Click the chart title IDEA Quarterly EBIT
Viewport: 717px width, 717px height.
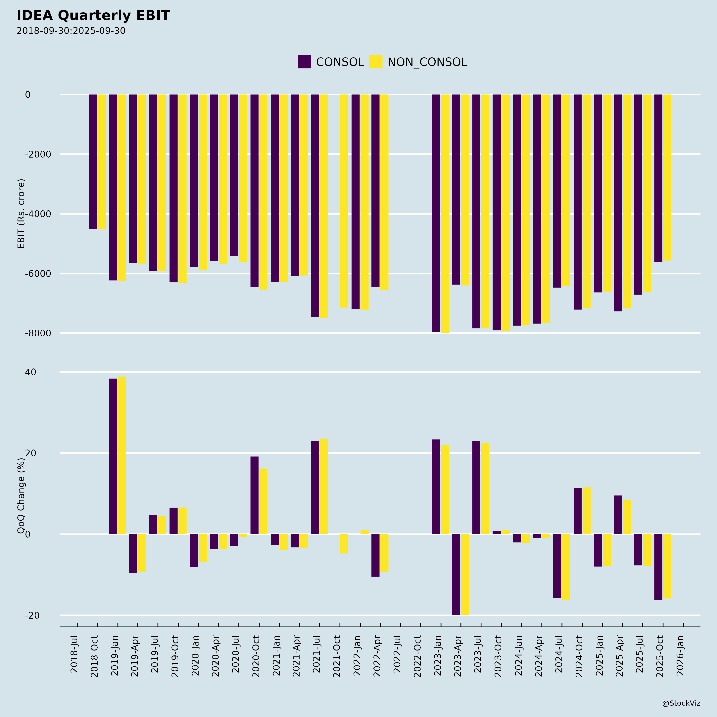(93, 16)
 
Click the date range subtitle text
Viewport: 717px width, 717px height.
(71, 31)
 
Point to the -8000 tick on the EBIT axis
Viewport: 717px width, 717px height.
(33, 333)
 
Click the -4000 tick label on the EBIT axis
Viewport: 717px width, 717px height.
(33, 214)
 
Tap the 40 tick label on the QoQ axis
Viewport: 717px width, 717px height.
(30, 372)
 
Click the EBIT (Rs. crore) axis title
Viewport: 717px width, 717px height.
(21, 214)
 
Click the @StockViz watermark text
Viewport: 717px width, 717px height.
(681, 703)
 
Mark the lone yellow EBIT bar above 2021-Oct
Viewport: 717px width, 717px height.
(344, 201)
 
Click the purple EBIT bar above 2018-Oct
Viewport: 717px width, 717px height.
(93, 162)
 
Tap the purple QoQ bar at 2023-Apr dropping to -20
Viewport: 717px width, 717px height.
(456, 574)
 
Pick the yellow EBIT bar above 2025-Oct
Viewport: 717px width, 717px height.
(667, 177)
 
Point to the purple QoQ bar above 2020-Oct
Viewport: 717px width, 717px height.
(254, 495)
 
